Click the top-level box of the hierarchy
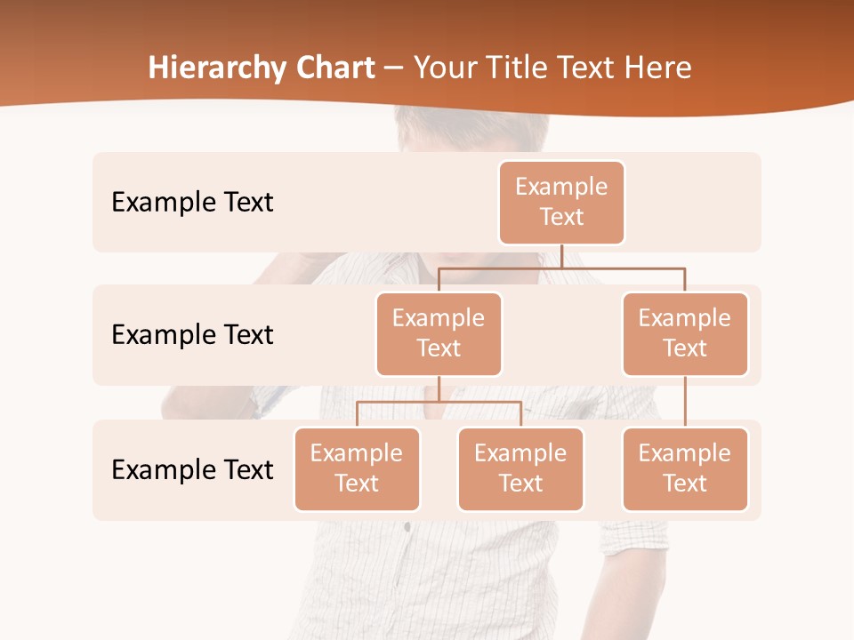[561, 202]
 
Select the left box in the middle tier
[439, 333]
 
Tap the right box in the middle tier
[685, 333]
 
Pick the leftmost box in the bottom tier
[357, 468]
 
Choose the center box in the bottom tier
[520, 468]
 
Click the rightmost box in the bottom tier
[685, 468]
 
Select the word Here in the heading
[658, 68]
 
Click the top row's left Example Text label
[192, 203]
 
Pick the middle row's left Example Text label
[192, 335]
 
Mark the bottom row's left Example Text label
[192, 470]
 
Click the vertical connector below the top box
[561, 256]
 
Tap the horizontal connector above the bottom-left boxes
[439, 402]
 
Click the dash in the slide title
[394, 68]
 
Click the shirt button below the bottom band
[407, 527]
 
